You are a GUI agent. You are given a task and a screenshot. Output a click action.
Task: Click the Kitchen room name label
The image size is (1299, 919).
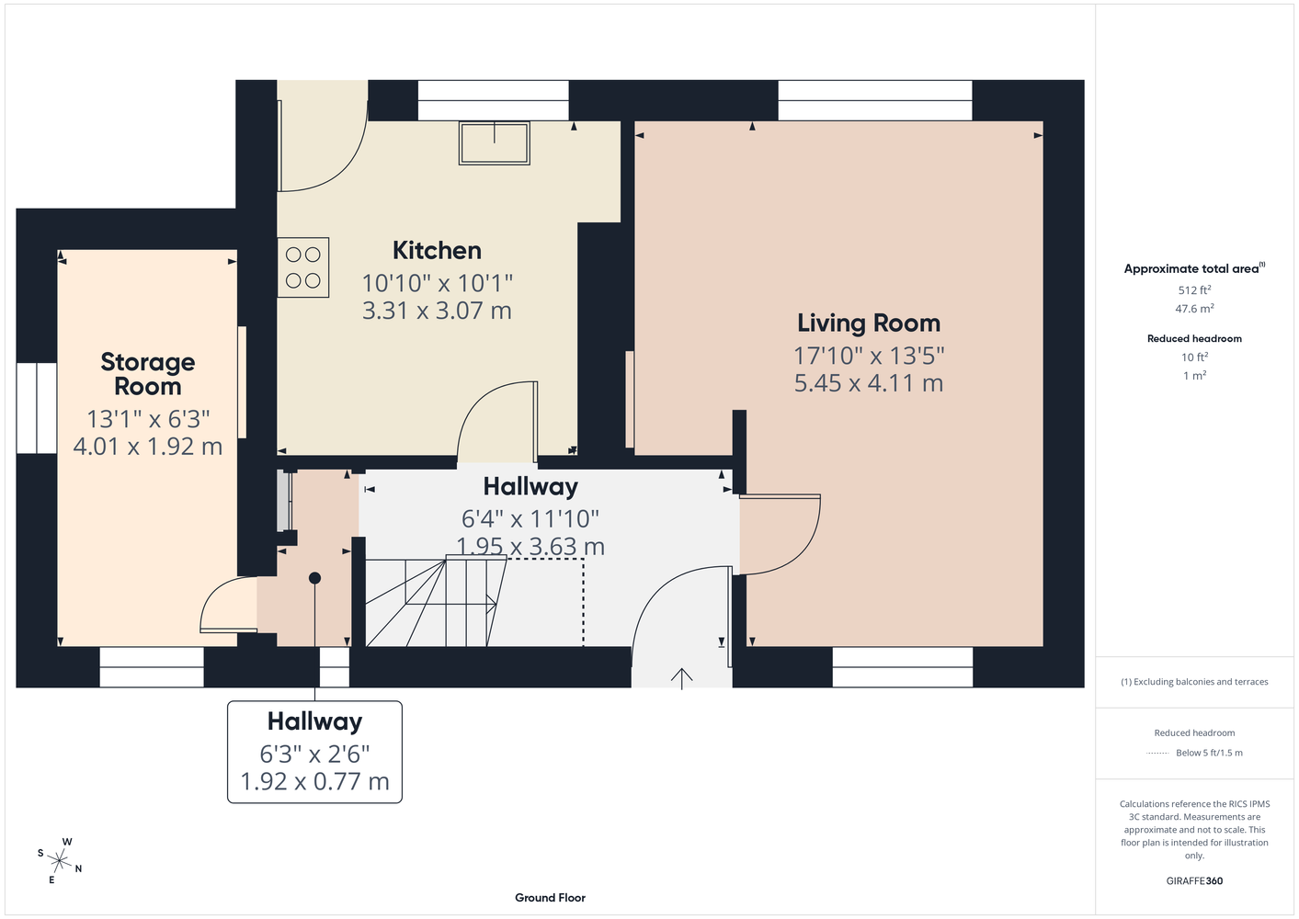[x=437, y=251]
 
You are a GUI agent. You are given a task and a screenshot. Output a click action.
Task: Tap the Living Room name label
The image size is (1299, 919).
[x=869, y=323]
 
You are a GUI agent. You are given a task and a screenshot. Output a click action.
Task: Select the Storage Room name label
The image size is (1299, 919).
[x=148, y=374]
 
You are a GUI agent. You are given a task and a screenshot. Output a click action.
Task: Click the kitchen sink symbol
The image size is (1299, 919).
[x=494, y=143]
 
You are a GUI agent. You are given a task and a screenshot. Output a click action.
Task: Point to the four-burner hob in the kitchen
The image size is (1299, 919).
[x=302, y=267]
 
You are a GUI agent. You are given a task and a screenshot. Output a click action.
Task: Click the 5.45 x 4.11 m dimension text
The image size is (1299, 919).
[x=869, y=383]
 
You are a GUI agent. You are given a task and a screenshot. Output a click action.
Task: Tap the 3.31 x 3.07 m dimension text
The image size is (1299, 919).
[x=437, y=311]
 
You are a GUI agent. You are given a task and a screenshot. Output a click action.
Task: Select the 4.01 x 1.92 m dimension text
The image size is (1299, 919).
[x=148, y=447]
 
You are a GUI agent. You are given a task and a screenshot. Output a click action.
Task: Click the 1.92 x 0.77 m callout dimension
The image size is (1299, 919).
[x=314, y=781]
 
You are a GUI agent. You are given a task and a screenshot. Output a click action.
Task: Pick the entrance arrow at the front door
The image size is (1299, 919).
[x=682, y=678]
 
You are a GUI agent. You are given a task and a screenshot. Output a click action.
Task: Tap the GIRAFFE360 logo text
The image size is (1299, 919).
[x=1194, y=880]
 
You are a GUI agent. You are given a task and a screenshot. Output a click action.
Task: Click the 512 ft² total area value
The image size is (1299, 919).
[x=1194, y=289]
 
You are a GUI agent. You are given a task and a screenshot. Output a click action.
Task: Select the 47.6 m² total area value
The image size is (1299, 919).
[x=1194, y=309]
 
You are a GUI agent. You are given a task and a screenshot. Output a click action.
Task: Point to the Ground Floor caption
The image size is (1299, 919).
[x=550, y=898]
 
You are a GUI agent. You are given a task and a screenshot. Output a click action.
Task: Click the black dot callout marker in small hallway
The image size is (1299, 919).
[x=315, y=578]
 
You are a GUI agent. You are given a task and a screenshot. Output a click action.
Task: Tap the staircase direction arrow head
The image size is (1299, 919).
[x=492, y=604]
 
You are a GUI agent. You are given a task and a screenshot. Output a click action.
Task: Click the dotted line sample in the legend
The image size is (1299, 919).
[x=1157, y=754]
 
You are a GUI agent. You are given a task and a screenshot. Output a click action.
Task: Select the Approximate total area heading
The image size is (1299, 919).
[x=1191, y=268]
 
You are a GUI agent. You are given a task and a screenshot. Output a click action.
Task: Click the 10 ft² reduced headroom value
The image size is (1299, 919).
[x=1194, y=357]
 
